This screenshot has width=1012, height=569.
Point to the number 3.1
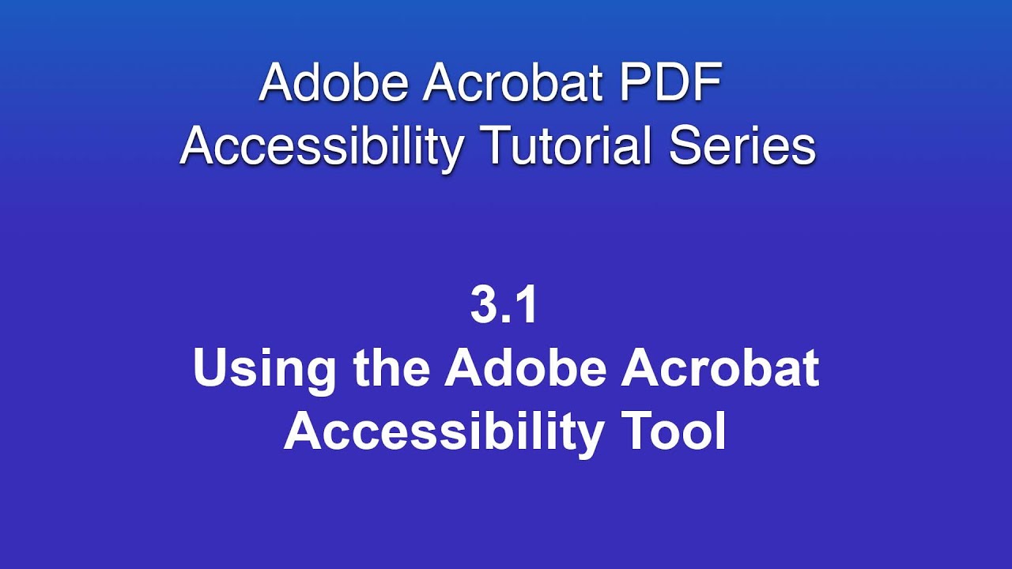click(504, 306)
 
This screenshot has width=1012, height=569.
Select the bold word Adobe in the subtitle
click(526, 368)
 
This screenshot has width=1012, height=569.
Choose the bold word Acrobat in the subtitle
click(720, 368)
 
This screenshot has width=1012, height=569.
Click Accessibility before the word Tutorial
click(321, 147)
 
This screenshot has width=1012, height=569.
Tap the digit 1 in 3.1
click(526, 306)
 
